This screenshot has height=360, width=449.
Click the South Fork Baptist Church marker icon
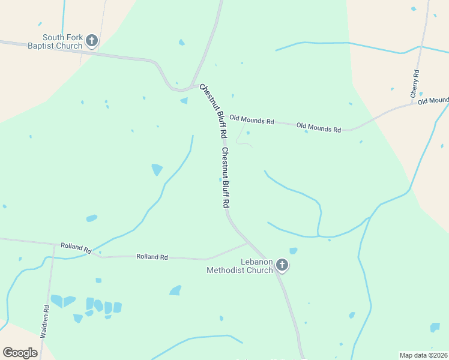(x=92, y=40)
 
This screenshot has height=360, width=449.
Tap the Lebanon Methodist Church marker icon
(x=282, y=265)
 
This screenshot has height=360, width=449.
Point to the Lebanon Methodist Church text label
(x=240, y=266)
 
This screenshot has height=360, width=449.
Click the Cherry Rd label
(x=415, y=84)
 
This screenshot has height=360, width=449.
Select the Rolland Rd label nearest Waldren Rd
(x=76, y=248)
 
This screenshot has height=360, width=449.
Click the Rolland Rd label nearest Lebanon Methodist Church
(x=152, y=257)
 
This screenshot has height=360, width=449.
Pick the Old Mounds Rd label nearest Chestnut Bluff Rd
(x=252, y=120)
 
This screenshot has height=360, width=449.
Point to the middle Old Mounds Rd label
(x=319, y=128)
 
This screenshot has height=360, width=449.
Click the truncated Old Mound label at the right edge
(x=433, y=100)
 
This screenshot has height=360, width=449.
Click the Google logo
(x=20, y=352)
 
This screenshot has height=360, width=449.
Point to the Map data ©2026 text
(x=423, y=355)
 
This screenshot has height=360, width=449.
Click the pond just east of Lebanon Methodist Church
(x=293, y=251)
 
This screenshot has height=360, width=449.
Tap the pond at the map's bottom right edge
(x=435, y=328)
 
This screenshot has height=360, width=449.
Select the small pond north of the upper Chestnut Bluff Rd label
(x=184, y=100)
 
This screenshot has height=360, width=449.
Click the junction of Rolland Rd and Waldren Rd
(x=53, y=245)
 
